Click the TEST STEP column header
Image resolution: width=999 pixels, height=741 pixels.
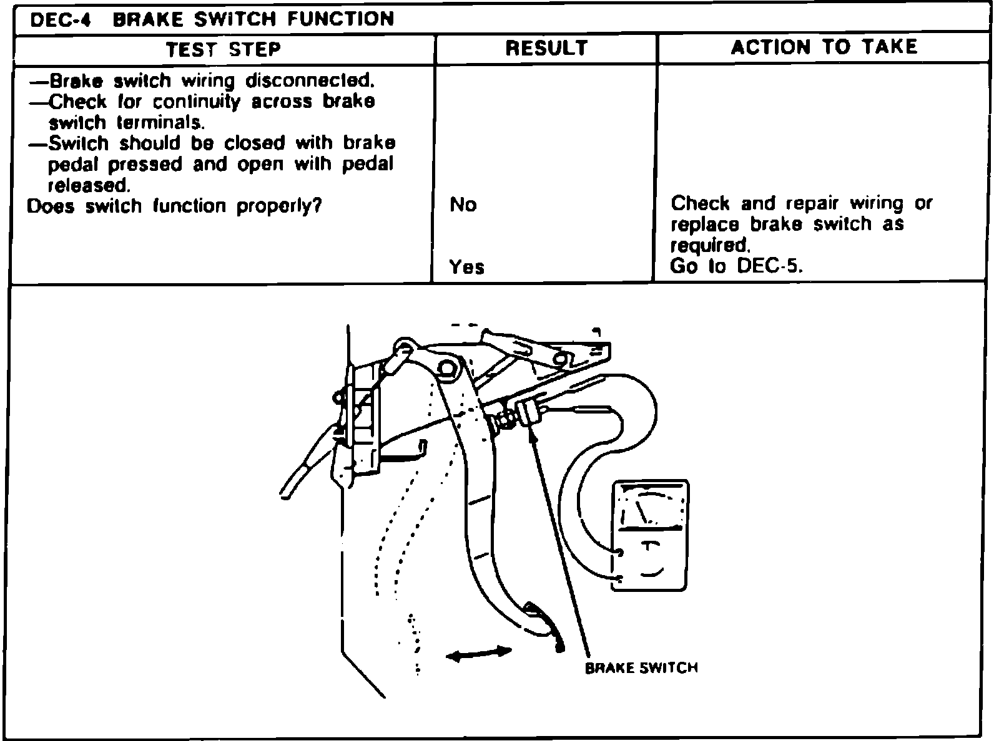(224, 49)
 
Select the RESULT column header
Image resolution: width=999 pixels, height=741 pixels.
(546, 48)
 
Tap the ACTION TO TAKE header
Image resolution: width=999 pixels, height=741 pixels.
(824, 47)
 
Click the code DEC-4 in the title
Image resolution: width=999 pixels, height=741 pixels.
(61, 19)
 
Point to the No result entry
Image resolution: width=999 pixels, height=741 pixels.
(463, 205)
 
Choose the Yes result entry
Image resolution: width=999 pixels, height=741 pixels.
(466, 267)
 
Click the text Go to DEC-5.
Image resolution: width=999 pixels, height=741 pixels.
(736, 266)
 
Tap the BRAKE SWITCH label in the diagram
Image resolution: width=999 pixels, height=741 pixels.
(641, 668)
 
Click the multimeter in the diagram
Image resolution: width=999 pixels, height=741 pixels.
(650, 536)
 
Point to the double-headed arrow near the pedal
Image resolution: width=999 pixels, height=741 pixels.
(479, 653)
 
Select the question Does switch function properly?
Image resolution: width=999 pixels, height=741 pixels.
(174, 206)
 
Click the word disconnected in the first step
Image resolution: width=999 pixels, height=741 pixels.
(310, 81)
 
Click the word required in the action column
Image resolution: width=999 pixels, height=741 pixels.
(709, 245)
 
